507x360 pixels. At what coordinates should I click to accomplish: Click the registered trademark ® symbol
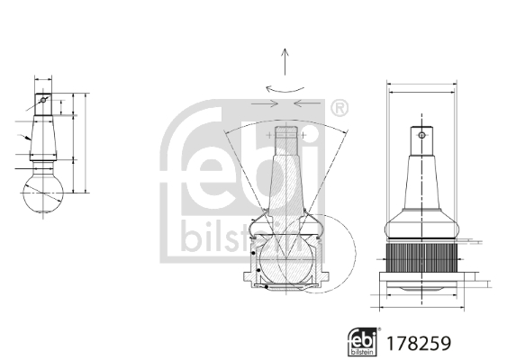click(x=339, y=108)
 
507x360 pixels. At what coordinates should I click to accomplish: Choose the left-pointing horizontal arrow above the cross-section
click(x=305, y=104)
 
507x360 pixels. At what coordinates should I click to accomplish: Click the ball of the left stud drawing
click(x=42, y=192)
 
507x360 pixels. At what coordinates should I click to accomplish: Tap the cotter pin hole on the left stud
click(x=41, y=101)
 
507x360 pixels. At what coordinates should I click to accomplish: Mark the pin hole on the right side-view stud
click(x=421, y=136)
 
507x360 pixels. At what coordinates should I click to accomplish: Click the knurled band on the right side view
click(x=421, y=260)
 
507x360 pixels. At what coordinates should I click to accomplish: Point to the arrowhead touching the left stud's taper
click(x=29, y=139)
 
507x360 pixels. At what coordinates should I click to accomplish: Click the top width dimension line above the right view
click(x=421, y=88)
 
